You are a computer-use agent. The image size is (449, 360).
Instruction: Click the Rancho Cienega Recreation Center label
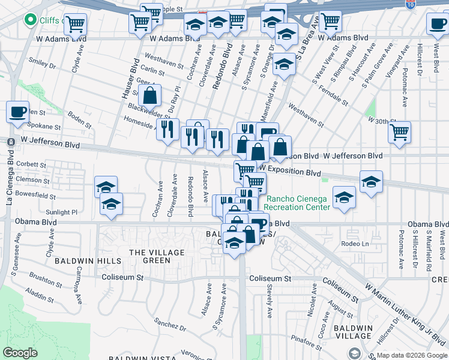298,203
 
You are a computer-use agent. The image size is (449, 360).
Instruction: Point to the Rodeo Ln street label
354,243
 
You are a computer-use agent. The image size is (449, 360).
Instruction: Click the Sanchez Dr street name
169,325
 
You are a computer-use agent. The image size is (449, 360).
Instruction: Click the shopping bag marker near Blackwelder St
150,95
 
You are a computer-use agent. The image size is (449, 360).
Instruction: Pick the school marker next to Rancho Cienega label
344,198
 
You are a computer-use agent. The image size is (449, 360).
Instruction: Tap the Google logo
20,353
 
